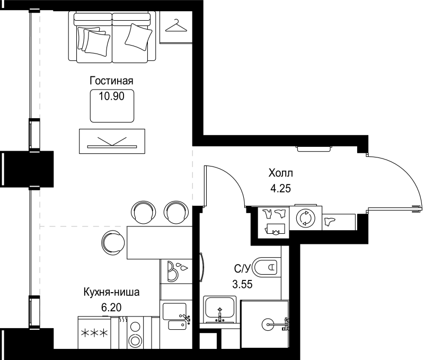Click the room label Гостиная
point(111,81)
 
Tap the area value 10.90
point(111,96)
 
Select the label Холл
point(280,173)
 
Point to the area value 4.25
point(280,188)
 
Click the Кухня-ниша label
point(111,292)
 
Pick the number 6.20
point(111,308)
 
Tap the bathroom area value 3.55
point(242,284)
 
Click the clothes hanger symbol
point(176,25)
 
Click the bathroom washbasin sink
point(219,310)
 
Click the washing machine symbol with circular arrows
point(306,218)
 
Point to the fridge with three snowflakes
point(94,332)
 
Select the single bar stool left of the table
point(113,243)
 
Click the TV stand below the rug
point(112,141)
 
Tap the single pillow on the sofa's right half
point(138,37)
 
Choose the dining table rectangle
point(160,243)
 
